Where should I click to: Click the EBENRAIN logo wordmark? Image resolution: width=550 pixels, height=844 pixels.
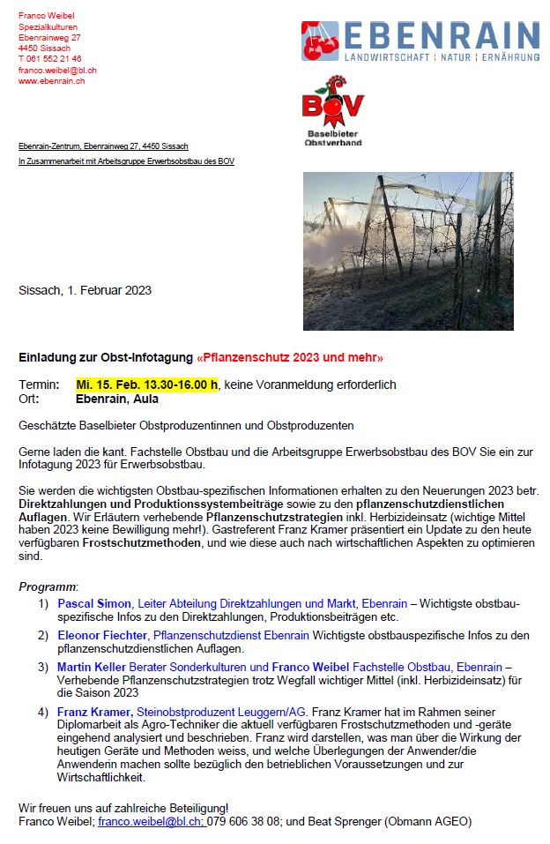tap(441, 35)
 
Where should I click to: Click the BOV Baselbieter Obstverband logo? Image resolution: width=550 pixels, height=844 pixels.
tap(333, 110)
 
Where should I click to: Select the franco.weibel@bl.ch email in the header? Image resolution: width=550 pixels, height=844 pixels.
tap(57, 71)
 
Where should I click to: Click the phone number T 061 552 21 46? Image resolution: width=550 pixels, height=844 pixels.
tap(50, 59)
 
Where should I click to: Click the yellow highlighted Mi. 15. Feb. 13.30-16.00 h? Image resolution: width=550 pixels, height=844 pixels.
tap(147, 385)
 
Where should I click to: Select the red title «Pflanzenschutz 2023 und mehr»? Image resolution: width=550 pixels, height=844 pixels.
tap(290, 358)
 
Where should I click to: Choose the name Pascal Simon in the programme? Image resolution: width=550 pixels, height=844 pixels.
tap(94, 603)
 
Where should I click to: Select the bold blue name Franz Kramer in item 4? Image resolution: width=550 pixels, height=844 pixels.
tap(94, 712)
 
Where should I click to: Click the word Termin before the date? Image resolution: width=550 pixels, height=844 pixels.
tap(38, 385)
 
